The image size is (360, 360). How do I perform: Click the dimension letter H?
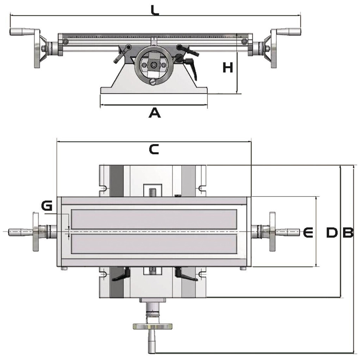coord(228,67)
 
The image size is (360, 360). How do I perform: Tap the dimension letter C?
coord(154,149)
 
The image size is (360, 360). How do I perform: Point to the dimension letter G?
coord(46,205)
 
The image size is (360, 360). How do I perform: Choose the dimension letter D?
coord(331,232)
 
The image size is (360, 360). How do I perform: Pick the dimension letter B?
coord(348,232)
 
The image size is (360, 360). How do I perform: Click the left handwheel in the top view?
coord(36,231)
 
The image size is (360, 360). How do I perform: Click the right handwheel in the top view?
coord(272,231)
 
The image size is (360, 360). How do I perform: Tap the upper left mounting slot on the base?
coord(104,188)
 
